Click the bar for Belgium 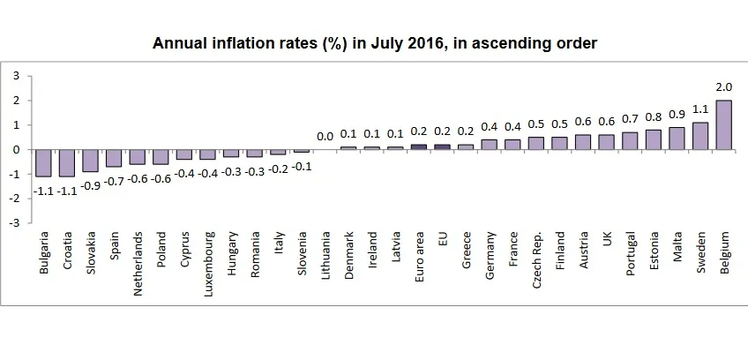coord(723,124)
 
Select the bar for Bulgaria coord(43,163)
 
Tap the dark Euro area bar coord(419,147)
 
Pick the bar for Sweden coord(699,136)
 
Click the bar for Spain coord(114,158)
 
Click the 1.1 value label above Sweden coord(699,109)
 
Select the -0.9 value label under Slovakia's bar coord(90,185)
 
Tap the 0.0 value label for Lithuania coord(325,136)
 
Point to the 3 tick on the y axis coord(16,76)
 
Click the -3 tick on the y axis coord(14,223)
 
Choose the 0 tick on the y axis coord(16,150)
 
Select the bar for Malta coord(677,139)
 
